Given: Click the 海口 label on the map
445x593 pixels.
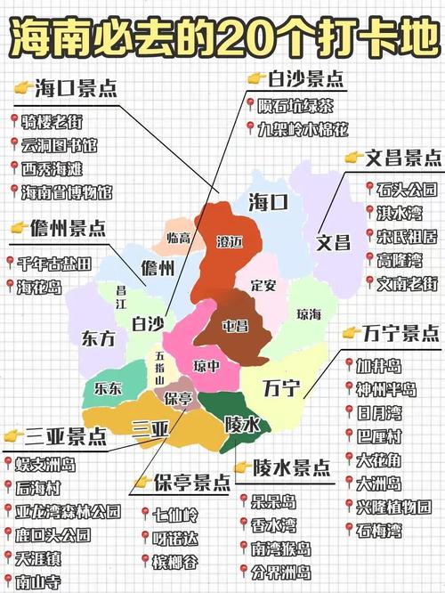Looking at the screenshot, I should point(268,202).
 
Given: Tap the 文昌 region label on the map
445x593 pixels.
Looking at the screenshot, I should point(335,241).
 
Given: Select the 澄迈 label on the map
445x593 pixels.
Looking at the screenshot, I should point(231,241).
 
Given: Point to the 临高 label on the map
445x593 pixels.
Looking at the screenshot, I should point(179,238).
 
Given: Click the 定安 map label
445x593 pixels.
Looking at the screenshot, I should point(264,286).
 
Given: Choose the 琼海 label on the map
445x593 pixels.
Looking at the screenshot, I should point(310,313).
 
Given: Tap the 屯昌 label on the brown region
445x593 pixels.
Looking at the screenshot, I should point(235,324).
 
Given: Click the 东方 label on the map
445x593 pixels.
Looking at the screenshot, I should point(98,338).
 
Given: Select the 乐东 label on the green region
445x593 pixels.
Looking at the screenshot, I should point(109,388).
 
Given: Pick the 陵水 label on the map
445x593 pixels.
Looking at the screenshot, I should point(242,424).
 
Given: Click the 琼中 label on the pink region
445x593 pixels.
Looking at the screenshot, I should point(206,365).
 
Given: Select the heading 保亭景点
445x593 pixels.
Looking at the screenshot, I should point(190,483).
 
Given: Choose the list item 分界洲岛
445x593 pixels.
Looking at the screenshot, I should point(280,571).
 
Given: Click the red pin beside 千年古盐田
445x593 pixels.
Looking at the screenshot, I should point(12,263).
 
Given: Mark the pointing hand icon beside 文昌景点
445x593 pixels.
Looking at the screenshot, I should point(352,158).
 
